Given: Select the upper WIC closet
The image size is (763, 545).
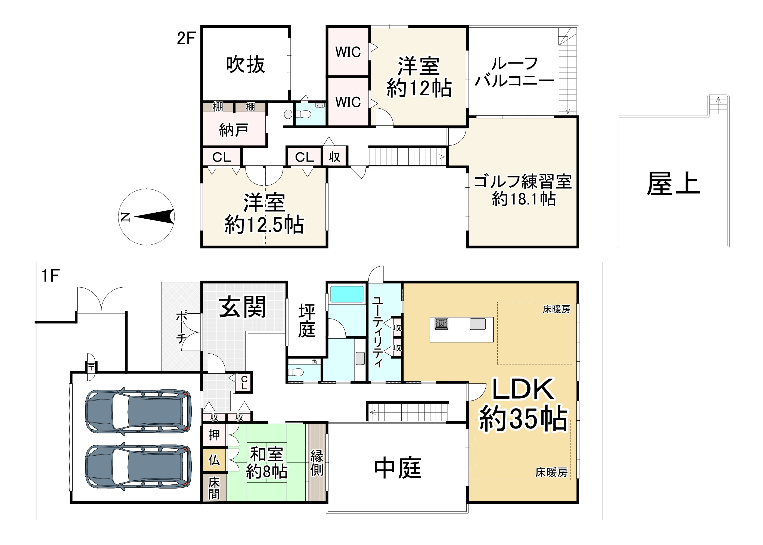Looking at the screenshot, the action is pos(348,52).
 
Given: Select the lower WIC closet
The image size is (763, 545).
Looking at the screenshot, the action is pos(348,102).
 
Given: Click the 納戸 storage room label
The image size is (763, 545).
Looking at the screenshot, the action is pos(234,130).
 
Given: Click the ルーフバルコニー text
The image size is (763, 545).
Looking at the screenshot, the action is pos(514,72).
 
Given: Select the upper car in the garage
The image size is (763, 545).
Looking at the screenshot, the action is pos(138,411).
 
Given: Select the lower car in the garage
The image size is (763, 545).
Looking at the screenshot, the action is pos(138,467).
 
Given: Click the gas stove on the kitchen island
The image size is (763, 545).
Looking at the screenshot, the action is pos(441,324).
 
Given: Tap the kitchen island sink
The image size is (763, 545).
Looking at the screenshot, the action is pos(477,324).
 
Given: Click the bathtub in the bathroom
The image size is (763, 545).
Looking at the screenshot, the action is pos(347,294).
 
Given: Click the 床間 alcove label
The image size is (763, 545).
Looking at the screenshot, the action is pos(214,488).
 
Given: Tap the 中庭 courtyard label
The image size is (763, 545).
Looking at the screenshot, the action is pos(398,468).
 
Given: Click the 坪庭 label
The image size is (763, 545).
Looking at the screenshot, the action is pos(306,320).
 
